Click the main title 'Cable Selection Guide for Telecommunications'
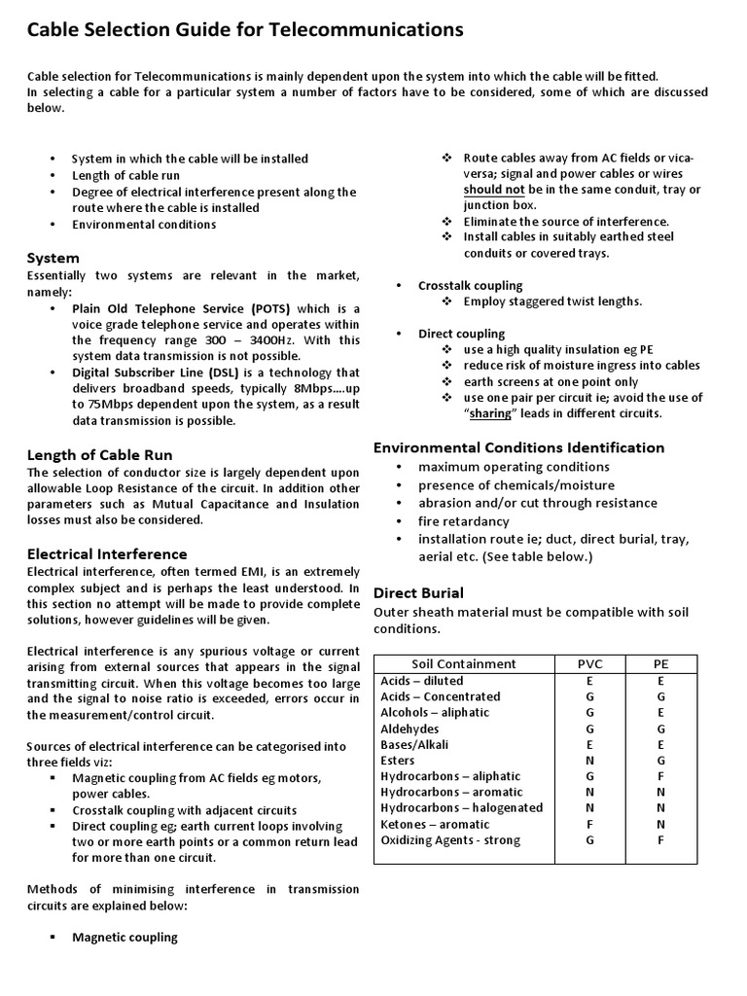(x=245, y=31)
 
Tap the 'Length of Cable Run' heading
(x=100, y=455)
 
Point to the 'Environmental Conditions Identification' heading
(x=519, y=447)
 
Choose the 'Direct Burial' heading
(x=418, y=592)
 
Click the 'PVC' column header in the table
(x=589, y=664)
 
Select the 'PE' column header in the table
(x=661, y=664)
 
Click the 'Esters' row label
(x=398, y=761)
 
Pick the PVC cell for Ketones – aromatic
(x=589, y=824)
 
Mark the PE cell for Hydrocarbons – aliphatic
(x=661, y=776)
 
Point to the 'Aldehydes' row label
(x=409, y=729)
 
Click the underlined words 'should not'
(x=494, y=190)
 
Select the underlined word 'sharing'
(x=490, y=413)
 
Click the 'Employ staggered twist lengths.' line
(x=552, y=302)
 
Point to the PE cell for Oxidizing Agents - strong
(x=661, y=840)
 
